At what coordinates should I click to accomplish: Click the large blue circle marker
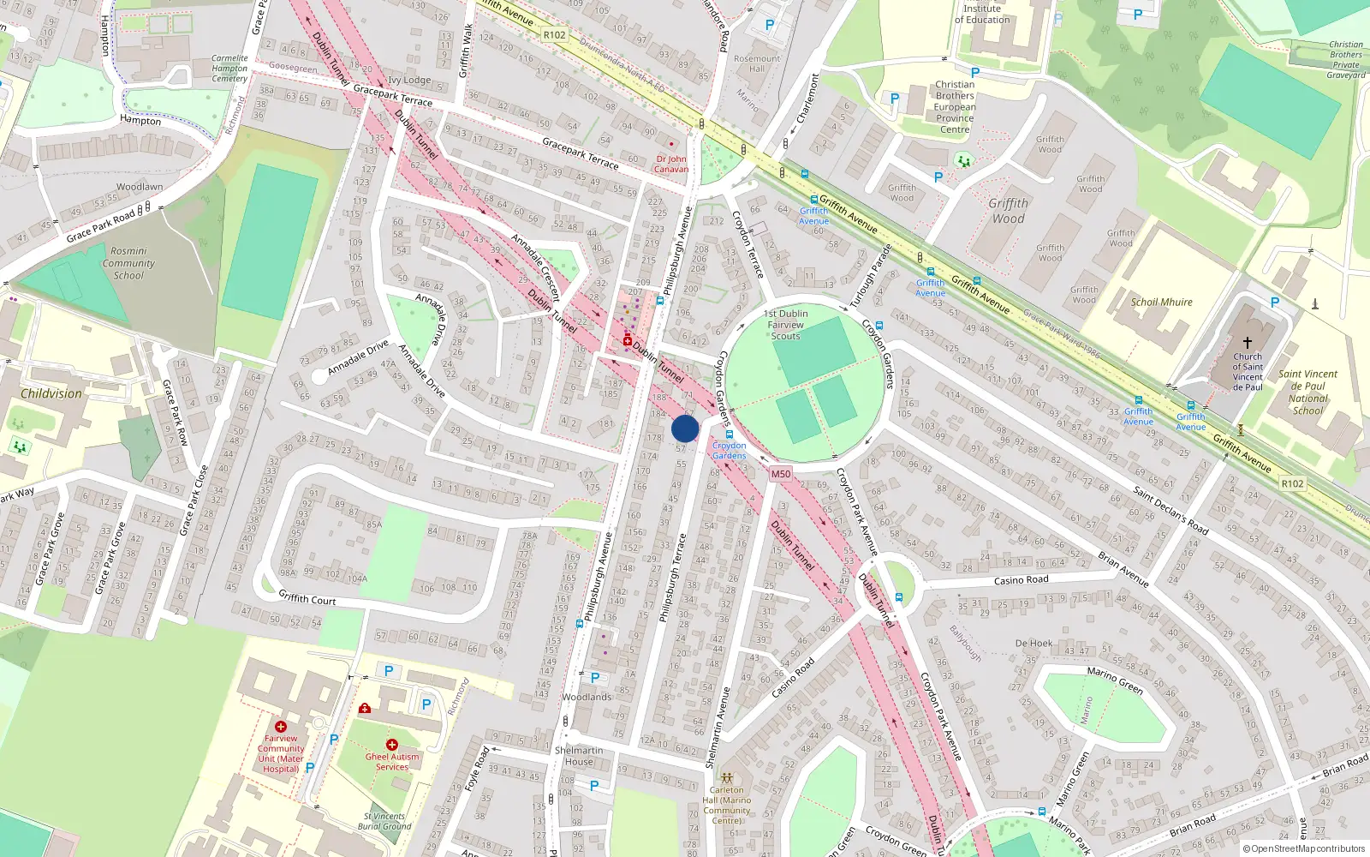click(685, 428)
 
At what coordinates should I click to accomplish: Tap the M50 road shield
click(780, 474)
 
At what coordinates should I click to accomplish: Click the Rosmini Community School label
click(128, 263)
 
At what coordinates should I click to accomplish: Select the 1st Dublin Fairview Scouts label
click(786, 325)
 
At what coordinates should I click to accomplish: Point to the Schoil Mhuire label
click(1161, 302)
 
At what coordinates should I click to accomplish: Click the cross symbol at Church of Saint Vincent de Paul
click(1248, 342)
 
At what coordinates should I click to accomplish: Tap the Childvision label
click(51, 393)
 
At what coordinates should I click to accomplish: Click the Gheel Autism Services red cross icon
click(391, 745)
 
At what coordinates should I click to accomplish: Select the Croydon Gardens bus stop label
click(730, 451)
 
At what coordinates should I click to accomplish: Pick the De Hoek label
click(1033, 643)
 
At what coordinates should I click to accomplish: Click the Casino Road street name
click(1021, 580)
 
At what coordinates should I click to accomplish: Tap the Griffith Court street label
click(307, 598)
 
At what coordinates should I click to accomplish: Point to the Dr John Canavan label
click(671, 164)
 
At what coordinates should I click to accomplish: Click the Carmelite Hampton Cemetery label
click(229, 69)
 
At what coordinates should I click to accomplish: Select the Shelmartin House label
click(579, 756)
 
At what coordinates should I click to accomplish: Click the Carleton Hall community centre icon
click(726, 777)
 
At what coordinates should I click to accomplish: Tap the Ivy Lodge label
click(409, 80)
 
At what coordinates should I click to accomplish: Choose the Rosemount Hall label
click(757, 63)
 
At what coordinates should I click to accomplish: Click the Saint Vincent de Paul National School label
click(1307, 392)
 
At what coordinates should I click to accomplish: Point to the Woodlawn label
click(140, 187)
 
